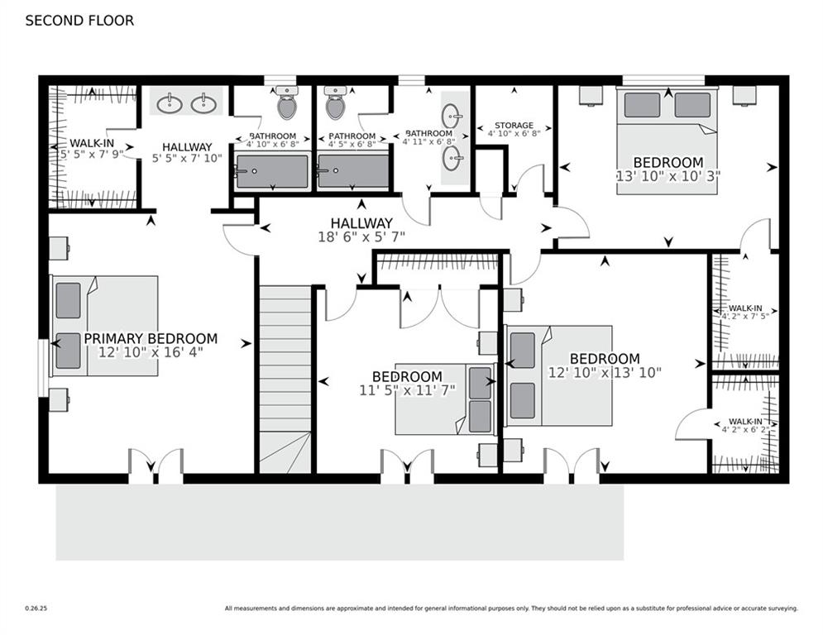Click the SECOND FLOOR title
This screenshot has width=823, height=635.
tap(79, 21)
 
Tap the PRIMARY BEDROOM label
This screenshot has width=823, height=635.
tap(151, 338)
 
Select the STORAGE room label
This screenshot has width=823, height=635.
tap(514, 126)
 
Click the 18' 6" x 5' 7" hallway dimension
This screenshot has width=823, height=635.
tap(361, 237)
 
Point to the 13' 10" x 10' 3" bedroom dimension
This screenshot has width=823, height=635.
tap(668, 176)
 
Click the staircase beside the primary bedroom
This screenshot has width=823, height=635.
tap(285, 379)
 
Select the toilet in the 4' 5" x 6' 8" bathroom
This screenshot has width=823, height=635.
tap(336, 103)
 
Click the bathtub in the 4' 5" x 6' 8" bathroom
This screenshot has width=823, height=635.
tap(353, 171)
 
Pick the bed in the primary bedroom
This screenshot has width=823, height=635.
tap(104, 326)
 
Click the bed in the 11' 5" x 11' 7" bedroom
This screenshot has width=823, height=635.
tap(446, 399)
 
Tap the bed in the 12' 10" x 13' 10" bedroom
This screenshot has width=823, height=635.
tap(558, 375)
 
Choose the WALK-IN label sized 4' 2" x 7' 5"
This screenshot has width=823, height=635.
tap(745, 308)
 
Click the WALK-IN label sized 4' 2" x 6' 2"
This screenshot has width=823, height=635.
tap(745, 422)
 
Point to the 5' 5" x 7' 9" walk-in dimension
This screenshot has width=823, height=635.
tap(92, 155)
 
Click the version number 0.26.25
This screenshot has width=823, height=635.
tap(36, 609)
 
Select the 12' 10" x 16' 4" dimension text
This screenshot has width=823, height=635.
tap(151, 351)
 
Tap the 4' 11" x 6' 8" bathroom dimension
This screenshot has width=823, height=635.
tap(428, 141)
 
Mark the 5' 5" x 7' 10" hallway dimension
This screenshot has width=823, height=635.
tap(188, 158)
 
